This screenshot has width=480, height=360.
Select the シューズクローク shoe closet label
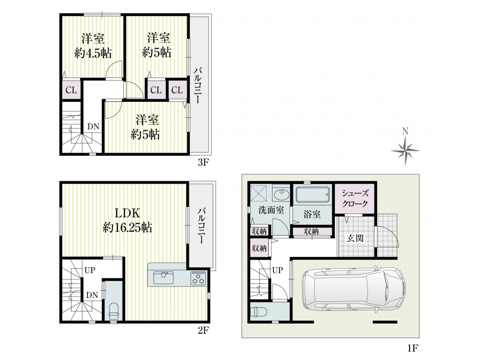click(355, 198)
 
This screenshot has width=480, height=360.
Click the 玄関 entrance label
click(355, 238)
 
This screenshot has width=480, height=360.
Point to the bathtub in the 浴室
click(313, 195)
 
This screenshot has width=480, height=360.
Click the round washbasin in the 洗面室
click(281, 195)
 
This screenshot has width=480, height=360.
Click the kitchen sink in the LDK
click(163, 278)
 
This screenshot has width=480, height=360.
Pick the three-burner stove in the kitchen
click(198, 278)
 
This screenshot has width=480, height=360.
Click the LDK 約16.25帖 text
click(127, 220)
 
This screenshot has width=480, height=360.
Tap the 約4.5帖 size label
click(93, 53)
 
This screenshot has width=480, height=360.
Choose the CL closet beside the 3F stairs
click(71, 90)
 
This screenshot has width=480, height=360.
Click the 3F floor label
click(203, 162)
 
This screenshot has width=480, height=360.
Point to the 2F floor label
click(203, 331)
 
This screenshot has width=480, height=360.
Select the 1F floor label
click(413, 348)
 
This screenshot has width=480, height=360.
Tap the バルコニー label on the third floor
click(197, 85)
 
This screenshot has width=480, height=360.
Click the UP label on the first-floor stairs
click(278, 270)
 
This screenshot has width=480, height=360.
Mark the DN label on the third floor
click(93, 126)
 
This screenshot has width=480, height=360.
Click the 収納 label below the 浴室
click(311, 232)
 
